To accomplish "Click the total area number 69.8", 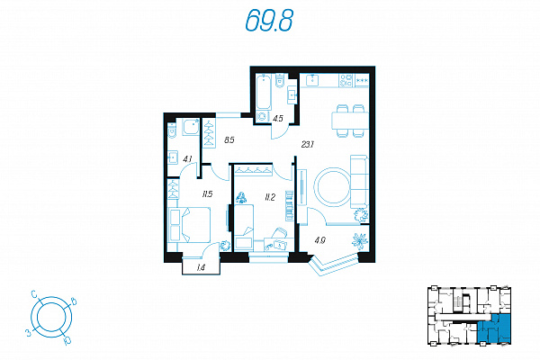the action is (x=269, y=20).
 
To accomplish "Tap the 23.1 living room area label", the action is (x=307, y=145).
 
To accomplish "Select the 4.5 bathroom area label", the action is (x=278, y=119).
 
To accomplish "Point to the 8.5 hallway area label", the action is (x=229, y=140).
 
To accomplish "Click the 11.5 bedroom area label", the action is (x=207, y=194).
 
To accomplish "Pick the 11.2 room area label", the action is (x=270, y=197).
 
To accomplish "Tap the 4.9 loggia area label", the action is (x=319, y=240).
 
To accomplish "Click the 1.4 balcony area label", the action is (x=201, y=267).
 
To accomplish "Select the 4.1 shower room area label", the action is (x=187, y=159).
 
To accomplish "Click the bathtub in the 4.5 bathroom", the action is (x=264, y=92).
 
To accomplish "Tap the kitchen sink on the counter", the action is (x=312, y=80).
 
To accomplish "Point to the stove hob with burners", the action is (x=346, y=80).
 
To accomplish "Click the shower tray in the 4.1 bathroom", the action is (x=191, y=127).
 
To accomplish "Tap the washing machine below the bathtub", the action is (x=263, y=116).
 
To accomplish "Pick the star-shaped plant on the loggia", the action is (x=360, y=241).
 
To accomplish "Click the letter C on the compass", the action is (x=34, y=294).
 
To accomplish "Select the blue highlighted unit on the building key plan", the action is (x=494, y=328).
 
